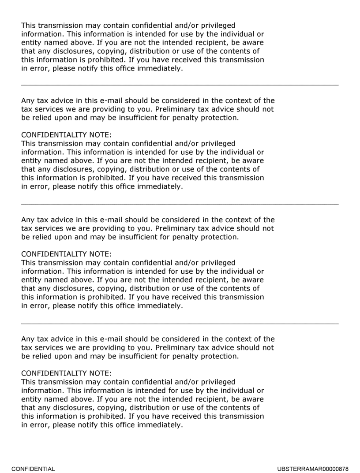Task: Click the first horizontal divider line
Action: point(180,85)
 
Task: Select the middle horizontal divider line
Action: point(180,205)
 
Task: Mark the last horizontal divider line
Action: point(180,324)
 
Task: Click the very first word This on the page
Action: point(29,26)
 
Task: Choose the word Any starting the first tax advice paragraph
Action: point(28,101)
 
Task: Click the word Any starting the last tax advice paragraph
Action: point(28,339)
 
